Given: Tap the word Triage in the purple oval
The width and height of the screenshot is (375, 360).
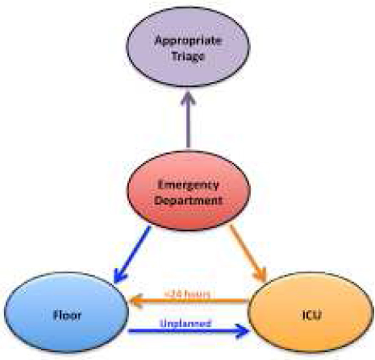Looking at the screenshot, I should pyautogui.click(x=188, y=57).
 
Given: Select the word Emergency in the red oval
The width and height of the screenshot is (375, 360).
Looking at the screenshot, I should pyautogui.click(x=189, y=185).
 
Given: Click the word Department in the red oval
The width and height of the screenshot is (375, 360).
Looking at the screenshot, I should pyautogui.click(x=189, y=200).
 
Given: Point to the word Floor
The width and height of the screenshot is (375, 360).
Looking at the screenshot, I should pyautogui.click(x=66, y=315).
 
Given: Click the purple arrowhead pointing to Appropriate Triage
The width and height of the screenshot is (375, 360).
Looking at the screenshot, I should pyautogui.click(x=188, y=98).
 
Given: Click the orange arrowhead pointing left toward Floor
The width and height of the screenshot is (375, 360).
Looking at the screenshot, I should pyautogui.click(x=136, y=302).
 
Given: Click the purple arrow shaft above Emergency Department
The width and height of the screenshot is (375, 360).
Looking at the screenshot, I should pyautogui.click(x=188, y=125).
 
